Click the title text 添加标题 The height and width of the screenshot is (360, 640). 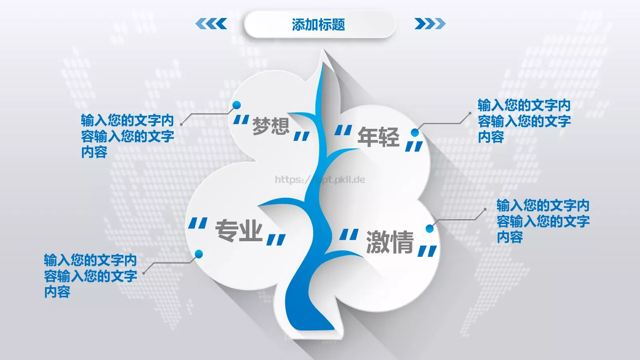[x=318, y=25]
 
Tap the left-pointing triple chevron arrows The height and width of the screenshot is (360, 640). [x=211, y=24]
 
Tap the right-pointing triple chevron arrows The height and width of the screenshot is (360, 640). [x=430, y=24]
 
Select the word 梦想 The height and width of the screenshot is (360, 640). [x=271, y=126]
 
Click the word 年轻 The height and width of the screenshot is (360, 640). [x=378, y=137]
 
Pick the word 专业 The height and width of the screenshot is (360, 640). [x=239, y=231]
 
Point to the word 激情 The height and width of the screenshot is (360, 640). [x=390, y=242]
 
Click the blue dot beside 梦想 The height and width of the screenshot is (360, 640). [x=237, y=105]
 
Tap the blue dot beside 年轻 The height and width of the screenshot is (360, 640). [x=415, y=132]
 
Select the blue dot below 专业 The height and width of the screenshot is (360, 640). [x=199, y=254]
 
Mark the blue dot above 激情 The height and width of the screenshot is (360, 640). [x=430, y=228]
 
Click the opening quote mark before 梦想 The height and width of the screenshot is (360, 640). [x=241, y=120]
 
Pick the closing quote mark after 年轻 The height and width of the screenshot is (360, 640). [x=414, y=147]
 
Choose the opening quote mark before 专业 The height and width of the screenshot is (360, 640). [x=198, y=224]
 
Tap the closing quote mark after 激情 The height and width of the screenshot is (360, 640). [x=427, y=251]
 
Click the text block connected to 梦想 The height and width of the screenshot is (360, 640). [x=127, y=136]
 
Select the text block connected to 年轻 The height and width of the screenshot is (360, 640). [x=524, y=121]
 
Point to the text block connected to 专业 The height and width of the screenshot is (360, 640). [x=90, y=276]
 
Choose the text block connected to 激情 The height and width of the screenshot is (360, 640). [x=543, y=221]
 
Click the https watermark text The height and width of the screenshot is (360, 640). [x=320, y=180]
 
